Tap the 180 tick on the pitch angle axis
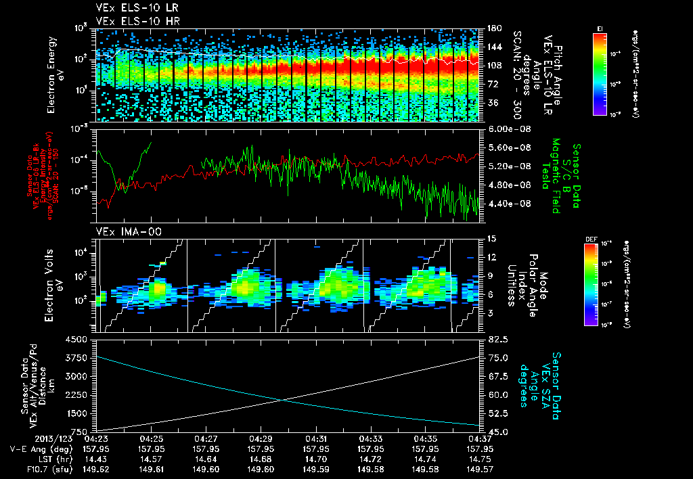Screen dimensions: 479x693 (x=493, y=28)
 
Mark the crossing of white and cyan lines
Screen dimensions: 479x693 (x=282, y=401)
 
